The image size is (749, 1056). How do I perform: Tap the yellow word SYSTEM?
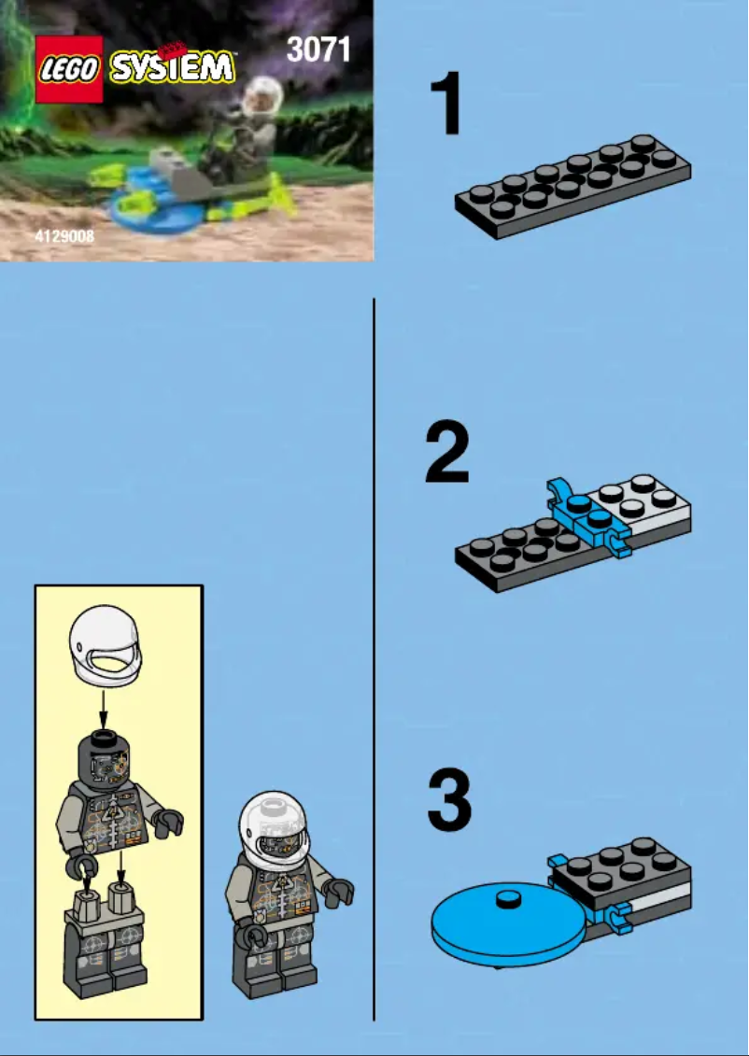172,67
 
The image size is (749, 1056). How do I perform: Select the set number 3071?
318,49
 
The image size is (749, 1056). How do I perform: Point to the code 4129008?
64,237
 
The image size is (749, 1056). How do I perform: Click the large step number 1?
447,106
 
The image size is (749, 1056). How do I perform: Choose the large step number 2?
447,453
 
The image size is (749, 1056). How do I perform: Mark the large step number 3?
449,800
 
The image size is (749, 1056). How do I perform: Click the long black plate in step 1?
572,187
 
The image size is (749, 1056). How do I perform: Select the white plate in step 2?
644,504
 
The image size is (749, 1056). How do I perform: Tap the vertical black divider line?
374,654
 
